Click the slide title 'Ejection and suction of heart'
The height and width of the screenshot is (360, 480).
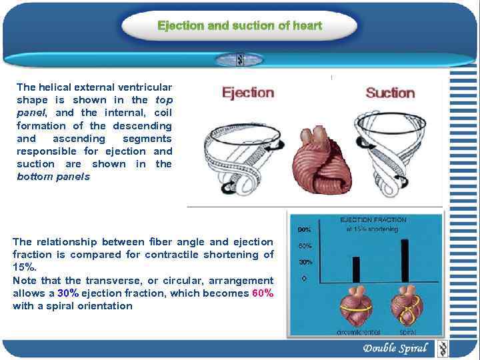tap(239, 26)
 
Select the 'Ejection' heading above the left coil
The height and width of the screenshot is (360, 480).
tap(248, 93)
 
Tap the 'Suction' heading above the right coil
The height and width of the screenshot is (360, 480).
tap(390, 93)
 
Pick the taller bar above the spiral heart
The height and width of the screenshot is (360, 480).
tap(404, 259)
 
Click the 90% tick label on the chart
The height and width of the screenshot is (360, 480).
tap(304, 229)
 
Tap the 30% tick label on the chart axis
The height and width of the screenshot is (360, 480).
tap(304, 262)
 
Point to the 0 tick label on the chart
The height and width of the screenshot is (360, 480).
tap(304, 279)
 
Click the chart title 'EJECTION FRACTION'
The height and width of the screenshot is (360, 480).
tap(373, 220)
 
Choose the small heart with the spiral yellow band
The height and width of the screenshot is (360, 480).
tap(407, 307)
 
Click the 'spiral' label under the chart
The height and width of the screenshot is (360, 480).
tap(407, 332)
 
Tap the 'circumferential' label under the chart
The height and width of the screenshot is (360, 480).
tap(359, 332)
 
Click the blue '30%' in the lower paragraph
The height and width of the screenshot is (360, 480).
tap(69, 293)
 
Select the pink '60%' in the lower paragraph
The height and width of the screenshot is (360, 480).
tap(263, 293)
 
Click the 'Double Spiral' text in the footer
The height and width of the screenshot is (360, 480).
tap(395, 348)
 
